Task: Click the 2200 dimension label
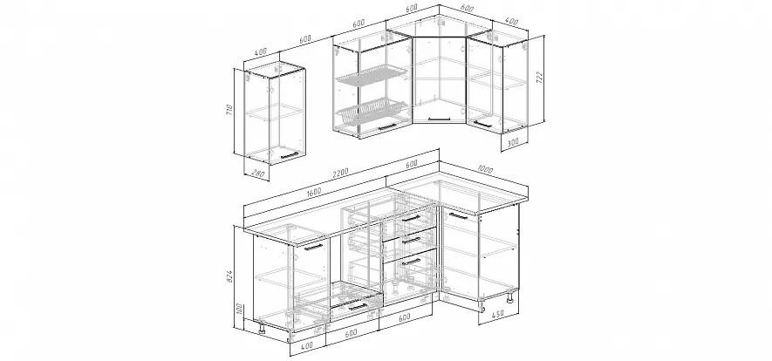point(340,173)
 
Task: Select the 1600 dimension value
point(313,191)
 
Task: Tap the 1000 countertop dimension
point(485,170)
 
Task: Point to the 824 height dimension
point(230,277)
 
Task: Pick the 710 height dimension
point(229,108)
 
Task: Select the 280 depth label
point(258,174)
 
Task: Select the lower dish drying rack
point(372,111)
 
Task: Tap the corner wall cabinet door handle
point(439,117)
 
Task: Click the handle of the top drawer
point(411,218)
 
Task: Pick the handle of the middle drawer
point(411,241)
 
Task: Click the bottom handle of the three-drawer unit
point(411,262)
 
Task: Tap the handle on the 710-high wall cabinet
point(289,156)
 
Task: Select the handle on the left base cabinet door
point(314,247)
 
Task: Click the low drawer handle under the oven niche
point(358,307)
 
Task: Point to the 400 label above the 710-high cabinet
point(261,51)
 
